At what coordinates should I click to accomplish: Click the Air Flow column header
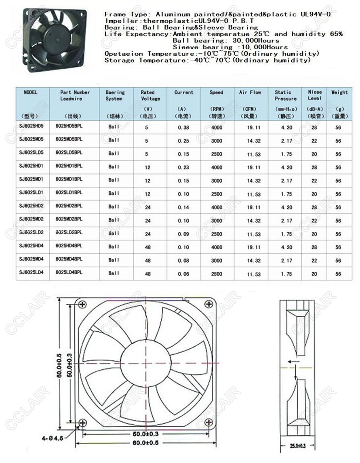pyautogui.click(x=250, y=93)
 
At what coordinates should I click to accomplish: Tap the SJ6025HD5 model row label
pyautogui.click(x=31, y=126)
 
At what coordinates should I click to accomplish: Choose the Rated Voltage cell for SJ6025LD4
pyautogui.click(x=147, y=274)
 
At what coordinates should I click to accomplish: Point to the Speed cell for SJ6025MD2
pyautogui.click(x=217, y=221)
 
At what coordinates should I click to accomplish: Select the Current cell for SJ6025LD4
pyautogui.click(x=183, y=274)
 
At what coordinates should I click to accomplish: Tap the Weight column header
pyautogui.click(x=339, y=93)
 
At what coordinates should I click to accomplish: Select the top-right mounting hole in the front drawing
pyautogui.click(x=209, y=303)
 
